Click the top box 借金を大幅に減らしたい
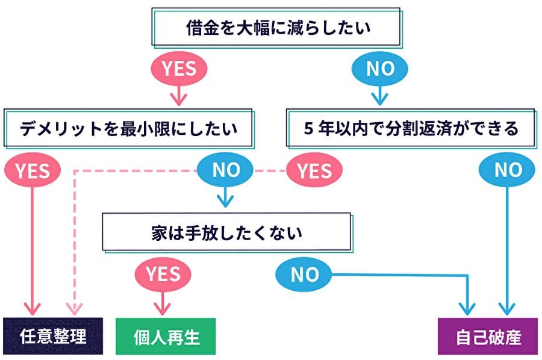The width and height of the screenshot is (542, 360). click(277, 28)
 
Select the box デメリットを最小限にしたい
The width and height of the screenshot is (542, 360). click(128, 128)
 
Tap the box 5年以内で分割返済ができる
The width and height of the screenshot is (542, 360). click(411, 128)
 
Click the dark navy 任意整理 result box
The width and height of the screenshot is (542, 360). click(53, 336)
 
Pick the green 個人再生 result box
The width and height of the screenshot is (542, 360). click(165, 336)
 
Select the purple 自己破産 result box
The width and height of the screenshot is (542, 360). click(488, 336)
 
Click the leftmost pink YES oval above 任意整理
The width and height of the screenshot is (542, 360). click(31, 171)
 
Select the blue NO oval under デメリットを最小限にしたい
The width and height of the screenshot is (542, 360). click(226, 171)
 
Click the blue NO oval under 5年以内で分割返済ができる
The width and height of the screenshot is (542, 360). click(508, 171)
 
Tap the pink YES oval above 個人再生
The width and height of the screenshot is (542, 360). click(163, 275)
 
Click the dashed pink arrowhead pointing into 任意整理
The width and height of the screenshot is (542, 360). click(74, 309)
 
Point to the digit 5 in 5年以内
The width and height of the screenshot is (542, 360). click(308, 129)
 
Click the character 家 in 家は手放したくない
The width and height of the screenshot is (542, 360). click(158, 232)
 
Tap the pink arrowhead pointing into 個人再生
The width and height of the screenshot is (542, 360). click(161, 309)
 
